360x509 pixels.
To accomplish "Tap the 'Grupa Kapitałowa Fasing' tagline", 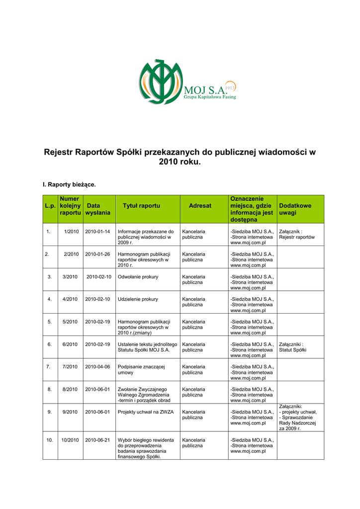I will pos(210,97).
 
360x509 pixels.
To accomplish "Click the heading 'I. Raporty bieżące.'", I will pos(69,184).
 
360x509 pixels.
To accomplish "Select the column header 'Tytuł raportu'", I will pos(141,205).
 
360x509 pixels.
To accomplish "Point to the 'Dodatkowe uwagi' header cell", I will pos(295,209).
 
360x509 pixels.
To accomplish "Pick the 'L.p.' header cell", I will pos(50,205).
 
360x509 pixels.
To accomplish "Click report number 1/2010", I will pos(72,232).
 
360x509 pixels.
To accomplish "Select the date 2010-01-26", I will pos(97,254).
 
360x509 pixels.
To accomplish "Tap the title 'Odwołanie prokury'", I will pos(138,276).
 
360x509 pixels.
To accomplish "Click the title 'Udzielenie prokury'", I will pos(138,299).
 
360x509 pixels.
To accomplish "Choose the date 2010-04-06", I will pos(97,366).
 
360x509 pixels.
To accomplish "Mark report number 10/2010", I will pos(70,440).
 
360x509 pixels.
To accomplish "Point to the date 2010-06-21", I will pos(97,440).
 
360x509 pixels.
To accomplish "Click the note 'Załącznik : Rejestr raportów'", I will pos(297,235).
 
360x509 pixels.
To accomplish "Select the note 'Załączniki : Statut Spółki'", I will pos(293,347).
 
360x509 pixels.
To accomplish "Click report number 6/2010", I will pos(70,344).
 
